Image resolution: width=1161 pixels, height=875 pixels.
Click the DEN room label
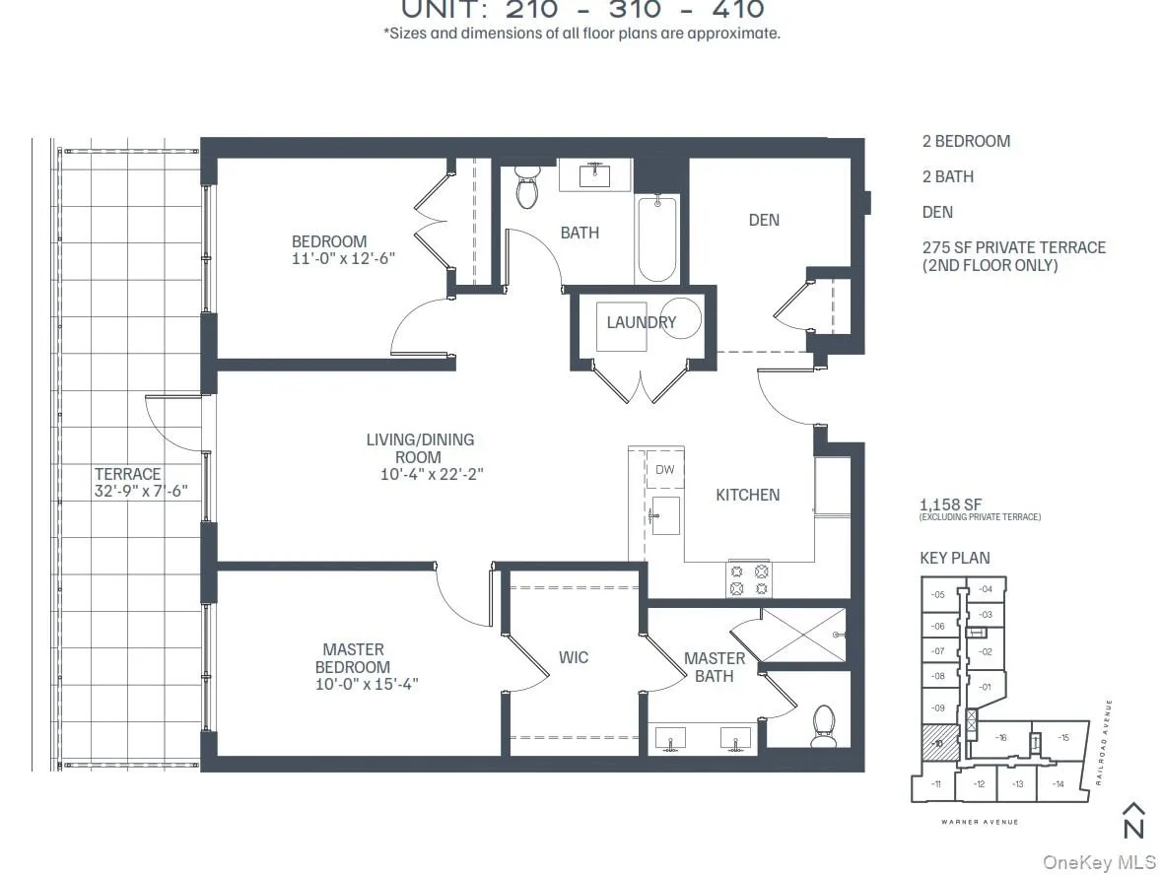(x=764, y=220)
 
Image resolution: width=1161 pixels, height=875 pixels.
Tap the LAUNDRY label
(x=641, y=322)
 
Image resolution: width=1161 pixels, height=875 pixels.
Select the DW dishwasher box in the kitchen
(x=665, y=470)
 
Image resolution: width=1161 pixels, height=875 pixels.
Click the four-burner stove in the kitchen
(x=748, y=579)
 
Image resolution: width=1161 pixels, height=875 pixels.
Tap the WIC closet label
(x=574, y=657)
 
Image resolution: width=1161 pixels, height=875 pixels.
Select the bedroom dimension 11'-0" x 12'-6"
(x=329, y=259)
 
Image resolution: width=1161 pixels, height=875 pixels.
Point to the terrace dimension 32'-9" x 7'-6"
(x=149, y=492)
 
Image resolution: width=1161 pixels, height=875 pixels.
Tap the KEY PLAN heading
(x=955, y=558)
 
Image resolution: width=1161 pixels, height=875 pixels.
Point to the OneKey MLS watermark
(x=1099, y=862)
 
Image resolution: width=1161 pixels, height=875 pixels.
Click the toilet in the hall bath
(x=527, y=187)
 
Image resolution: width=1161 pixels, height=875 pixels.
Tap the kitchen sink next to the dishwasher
(x=664, y=515)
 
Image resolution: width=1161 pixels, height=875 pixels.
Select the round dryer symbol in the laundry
(x=680, y=319)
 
